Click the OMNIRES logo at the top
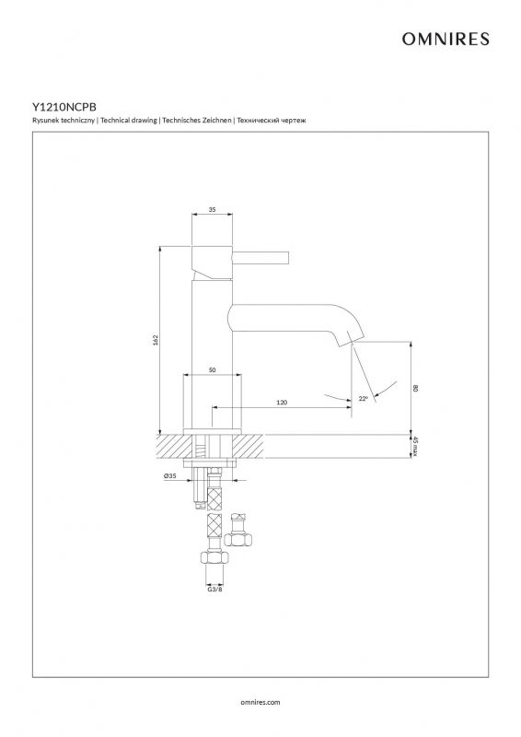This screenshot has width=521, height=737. coord(445,39)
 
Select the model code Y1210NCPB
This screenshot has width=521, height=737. coord(64,108)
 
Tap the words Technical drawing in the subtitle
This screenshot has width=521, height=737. coord(128,121)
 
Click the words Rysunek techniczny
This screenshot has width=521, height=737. coord(64,121)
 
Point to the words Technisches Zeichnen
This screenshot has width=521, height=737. coord(197,121)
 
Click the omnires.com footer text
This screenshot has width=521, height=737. coord(260,702)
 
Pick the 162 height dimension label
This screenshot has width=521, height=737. coord(156,339)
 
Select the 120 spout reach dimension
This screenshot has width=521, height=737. coord(282,403)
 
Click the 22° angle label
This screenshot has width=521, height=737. coord(364,399)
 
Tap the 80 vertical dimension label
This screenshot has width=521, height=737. coord(415,388)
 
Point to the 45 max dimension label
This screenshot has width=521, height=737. coord(415,446)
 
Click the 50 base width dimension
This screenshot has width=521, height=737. coord(212,370)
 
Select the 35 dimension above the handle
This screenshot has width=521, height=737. coord(212,210)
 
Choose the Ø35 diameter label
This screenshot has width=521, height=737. coord(170,476)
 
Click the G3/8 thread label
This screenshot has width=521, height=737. coord(214,589)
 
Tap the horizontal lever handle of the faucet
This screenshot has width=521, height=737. coord(260,258)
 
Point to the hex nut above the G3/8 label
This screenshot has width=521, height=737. coord(214,557)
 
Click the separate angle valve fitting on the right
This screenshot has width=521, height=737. coord(238,532)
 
